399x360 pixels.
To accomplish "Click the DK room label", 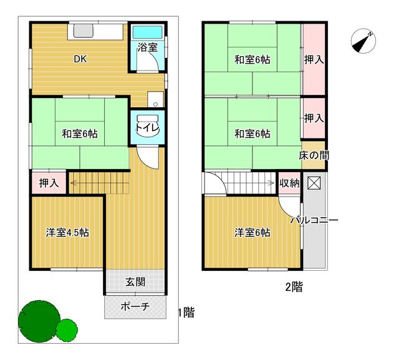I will [x=80, y=59].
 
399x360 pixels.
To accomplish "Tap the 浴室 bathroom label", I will [x=147, y=46].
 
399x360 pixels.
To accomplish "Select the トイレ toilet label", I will [x=148, y=129].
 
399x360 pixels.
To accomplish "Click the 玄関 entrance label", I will [x=135, y=282].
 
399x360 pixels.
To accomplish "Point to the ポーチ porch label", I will [x=135, y=306].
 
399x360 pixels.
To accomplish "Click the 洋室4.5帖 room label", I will [x=67, y=233].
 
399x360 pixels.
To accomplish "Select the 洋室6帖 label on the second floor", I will [x=252, y=233].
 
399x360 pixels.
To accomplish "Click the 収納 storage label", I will [x=289, y=183].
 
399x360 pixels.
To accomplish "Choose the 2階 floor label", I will [x=294, y=288].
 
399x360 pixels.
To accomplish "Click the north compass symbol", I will [x=361, y=41].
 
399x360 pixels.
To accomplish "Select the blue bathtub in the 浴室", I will [x=148, y=32].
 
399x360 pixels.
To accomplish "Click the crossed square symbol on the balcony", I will [x=314, y=183].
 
